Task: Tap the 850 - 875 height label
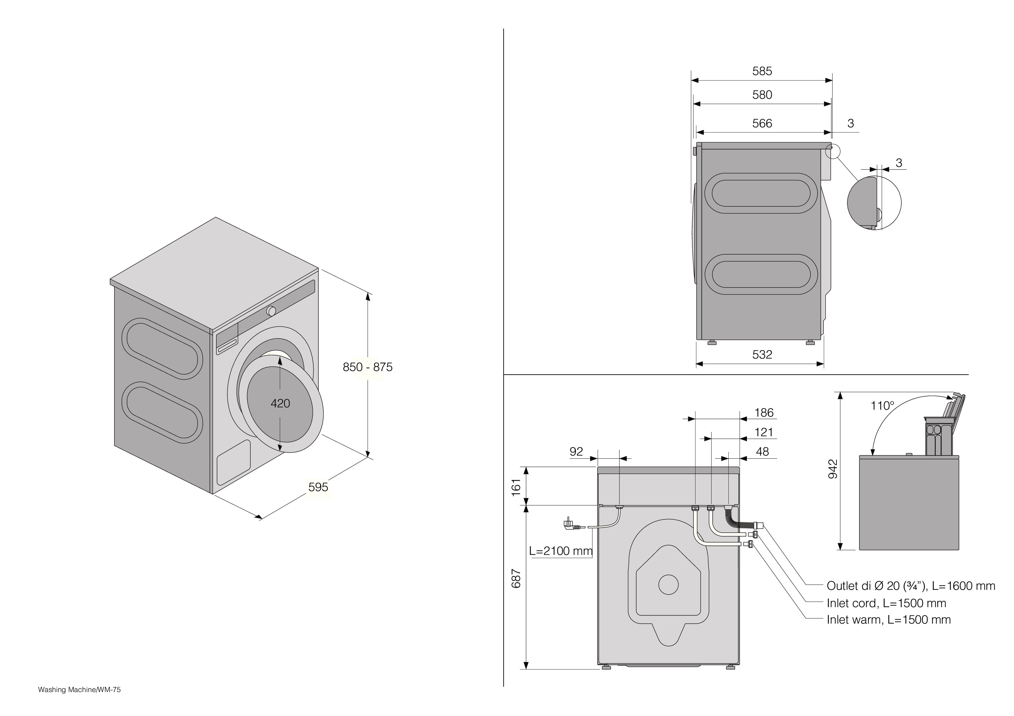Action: click(367, 367)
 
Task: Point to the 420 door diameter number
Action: click(280, 403)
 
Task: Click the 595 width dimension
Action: click(318, 487)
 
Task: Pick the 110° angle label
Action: click(882, 406)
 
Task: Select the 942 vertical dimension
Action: click(832, 469)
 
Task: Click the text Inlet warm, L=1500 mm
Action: click(888, 620)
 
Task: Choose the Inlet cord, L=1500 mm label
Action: click(886, 603)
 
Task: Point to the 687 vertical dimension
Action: click(516, 579)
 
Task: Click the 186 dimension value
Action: click(764, 413)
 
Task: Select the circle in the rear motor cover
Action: click(668, 585)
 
